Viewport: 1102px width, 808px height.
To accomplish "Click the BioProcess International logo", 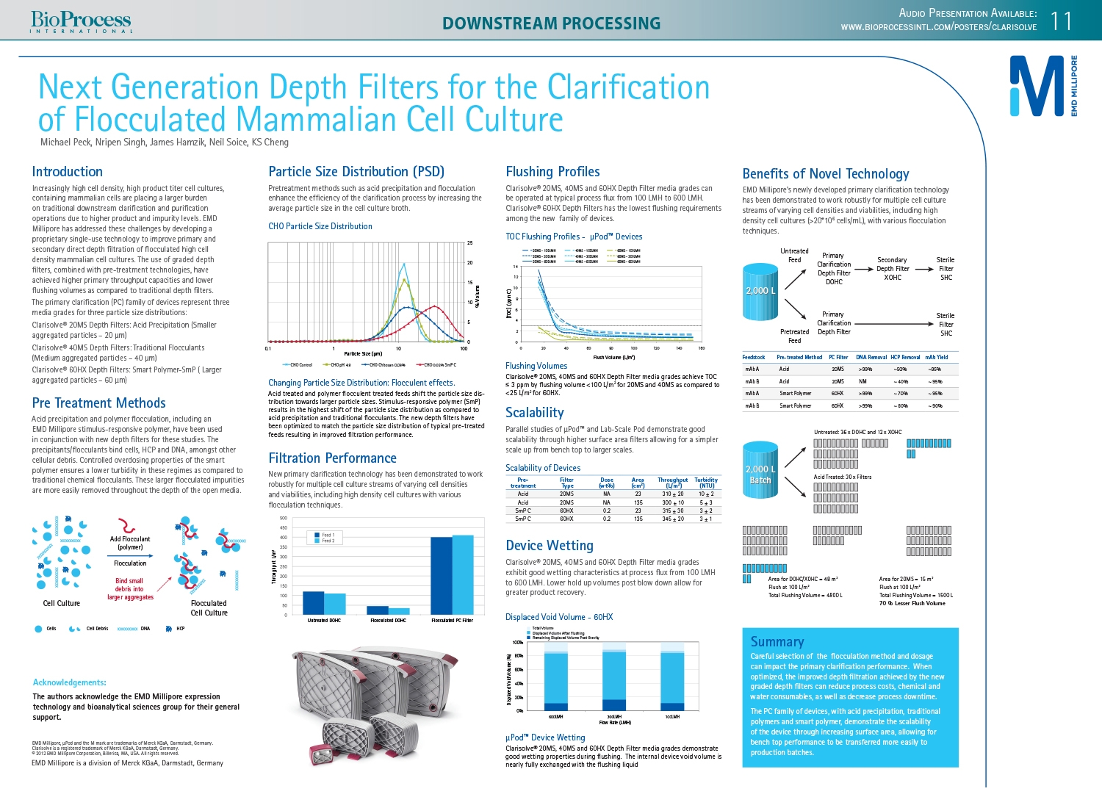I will coord(81,22).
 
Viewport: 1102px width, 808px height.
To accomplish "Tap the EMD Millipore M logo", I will coord(1036,86).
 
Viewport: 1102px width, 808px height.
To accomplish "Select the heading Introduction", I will coord(67,172).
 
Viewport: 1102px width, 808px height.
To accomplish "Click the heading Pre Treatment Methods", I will coord(98,403).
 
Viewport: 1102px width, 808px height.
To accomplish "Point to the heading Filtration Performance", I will coord(332,458).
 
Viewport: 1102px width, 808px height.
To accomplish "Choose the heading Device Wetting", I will coord(549,546).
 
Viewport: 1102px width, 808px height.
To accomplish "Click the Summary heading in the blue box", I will coord(777,642).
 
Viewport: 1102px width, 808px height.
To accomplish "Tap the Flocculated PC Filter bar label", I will coord(452,621).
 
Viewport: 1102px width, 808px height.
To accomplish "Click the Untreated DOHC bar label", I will coord(324,621).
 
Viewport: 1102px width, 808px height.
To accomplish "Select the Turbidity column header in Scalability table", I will coord(706,483).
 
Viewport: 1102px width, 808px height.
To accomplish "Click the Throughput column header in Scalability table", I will coord(672,483).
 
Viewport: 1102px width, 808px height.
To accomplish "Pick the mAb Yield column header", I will coord(936,358).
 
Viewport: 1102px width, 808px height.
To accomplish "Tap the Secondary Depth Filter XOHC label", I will coord(892,269).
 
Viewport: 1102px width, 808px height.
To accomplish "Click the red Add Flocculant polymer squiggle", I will coord(128,526).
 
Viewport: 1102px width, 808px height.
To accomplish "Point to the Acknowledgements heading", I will coord(69,682).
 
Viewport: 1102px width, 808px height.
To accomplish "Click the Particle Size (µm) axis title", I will coord(363,354).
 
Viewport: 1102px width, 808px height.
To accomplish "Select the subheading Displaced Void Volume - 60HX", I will coord(558,617).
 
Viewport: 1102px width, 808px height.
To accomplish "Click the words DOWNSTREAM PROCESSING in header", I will coord(551,24).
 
